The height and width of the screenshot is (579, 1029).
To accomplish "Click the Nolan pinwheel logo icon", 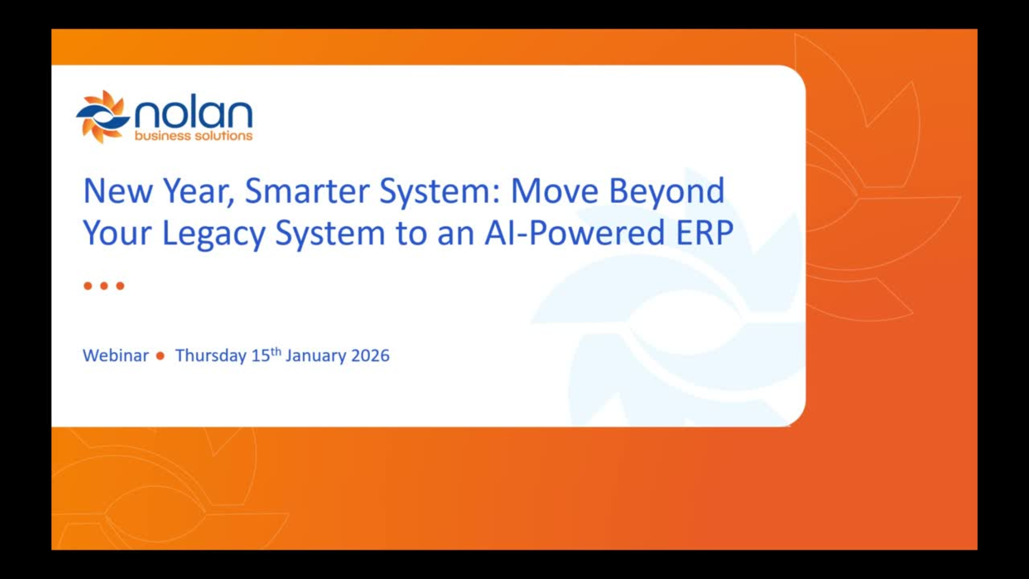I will pos(103,117).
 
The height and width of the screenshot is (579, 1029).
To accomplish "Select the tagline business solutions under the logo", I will pos(193,136).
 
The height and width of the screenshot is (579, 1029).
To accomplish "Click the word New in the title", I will pos(118,191).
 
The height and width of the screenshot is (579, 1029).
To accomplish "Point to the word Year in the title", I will pos(198,192).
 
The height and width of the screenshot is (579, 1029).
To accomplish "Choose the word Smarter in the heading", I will pos(307,191).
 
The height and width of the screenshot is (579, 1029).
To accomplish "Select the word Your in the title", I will pos(117,233).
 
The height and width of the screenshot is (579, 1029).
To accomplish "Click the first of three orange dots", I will pos(88,286).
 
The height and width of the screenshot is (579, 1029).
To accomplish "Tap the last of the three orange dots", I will pos(120,286).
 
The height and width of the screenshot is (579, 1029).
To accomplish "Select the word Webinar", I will pos(116,355).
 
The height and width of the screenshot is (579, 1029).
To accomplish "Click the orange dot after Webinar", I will pos(160,355).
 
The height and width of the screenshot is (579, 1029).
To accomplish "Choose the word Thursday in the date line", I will pos(211,356).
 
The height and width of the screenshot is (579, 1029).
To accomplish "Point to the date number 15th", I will pos(266,355).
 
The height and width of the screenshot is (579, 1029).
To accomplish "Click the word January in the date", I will pos(316,356).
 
